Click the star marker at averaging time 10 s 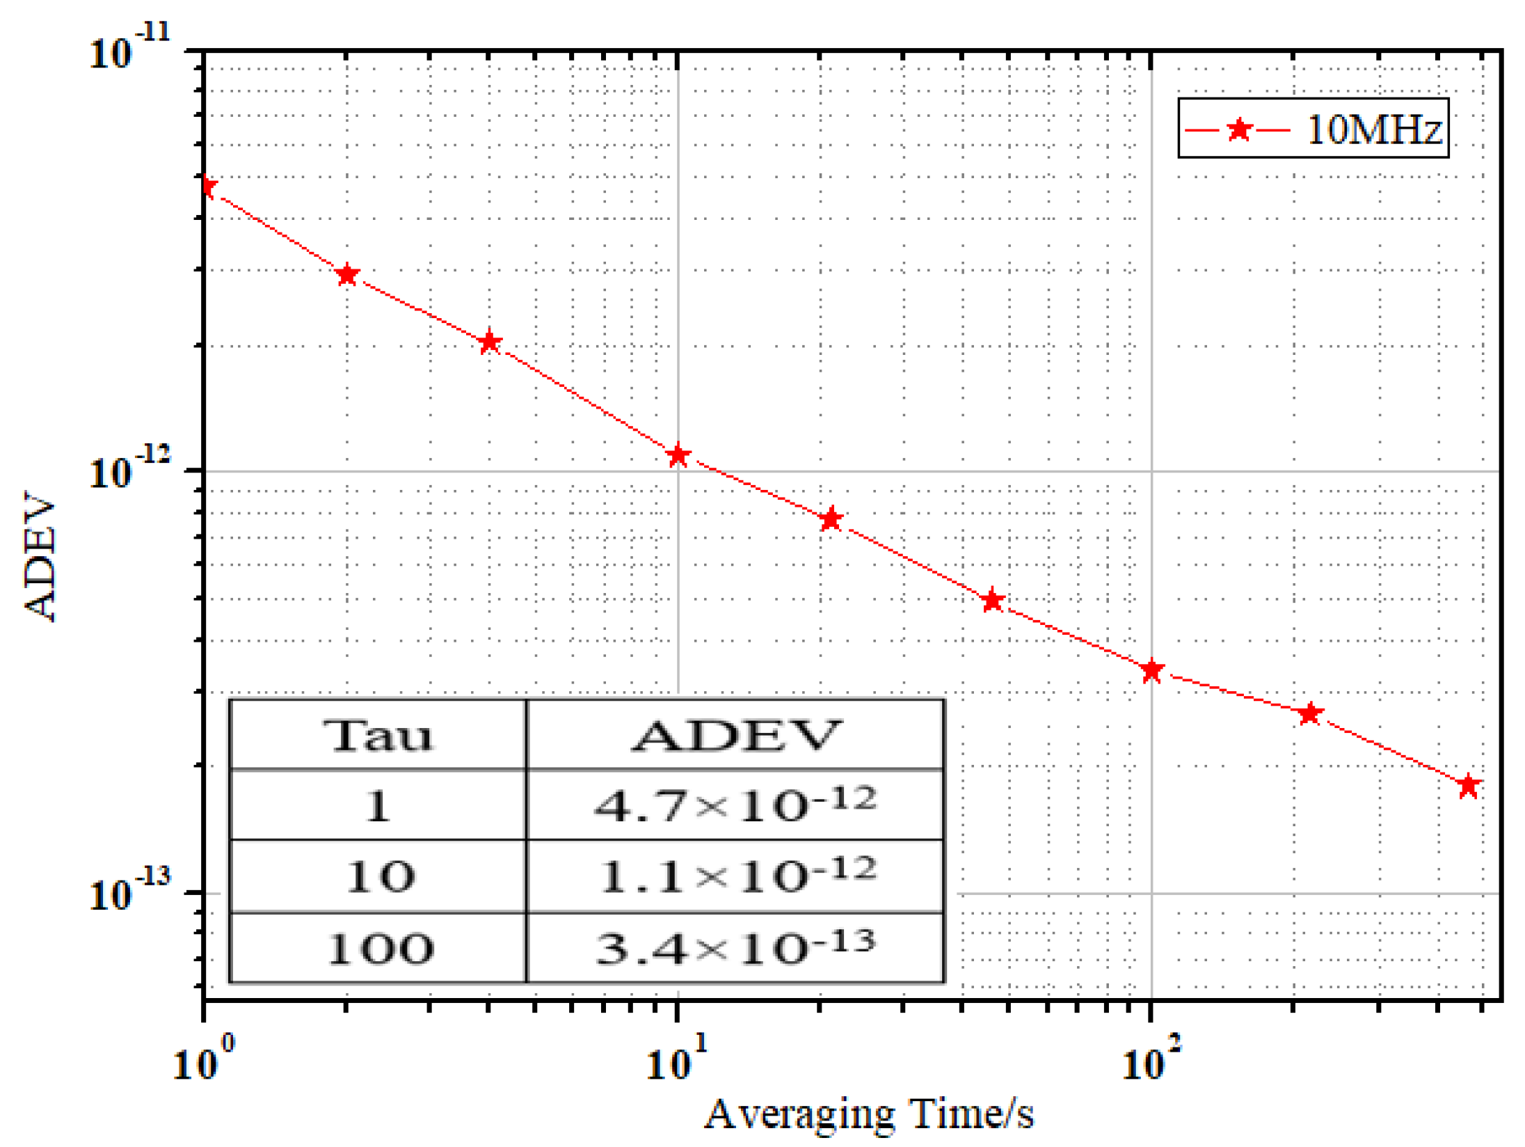pyautogui.click(x=678, y=456)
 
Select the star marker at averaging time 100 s pyautogui.click(x=1152, y=670)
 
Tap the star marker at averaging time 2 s pyautogui.click(x=347, y=275)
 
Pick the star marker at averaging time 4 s pyautogui.click(x=490, y=342)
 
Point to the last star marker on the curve pyautogui.click(x=1468, y=786)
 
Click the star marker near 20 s pyautogui.click(x=831, y=519)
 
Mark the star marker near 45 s pyautogui.click(x=993, y=600)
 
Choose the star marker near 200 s pyautogui.click(x=1310, y=713)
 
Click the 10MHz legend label pyautogui.click(x=1374, y=129)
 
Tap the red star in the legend pyautogui.click(x=1240, y=129)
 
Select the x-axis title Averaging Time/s pyautogui.click(x=869, y=1114)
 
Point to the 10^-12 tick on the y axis pyautogui.click(x=129, y=470)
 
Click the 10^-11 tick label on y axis pyautogui.click(x=129, y=50)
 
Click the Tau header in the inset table pyautogui.click(x=378, y=735)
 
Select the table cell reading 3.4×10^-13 pyautogui.click(x=735, y=947)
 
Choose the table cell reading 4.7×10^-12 pyautogui.click(x=735, y=805)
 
